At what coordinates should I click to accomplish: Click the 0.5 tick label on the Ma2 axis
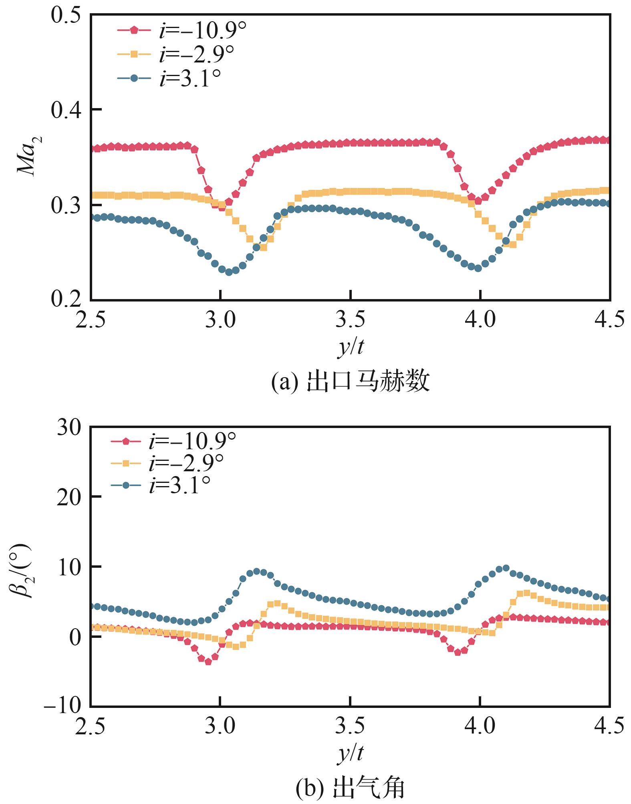coord(66,16)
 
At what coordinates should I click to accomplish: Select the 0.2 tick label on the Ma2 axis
coord(66,299)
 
